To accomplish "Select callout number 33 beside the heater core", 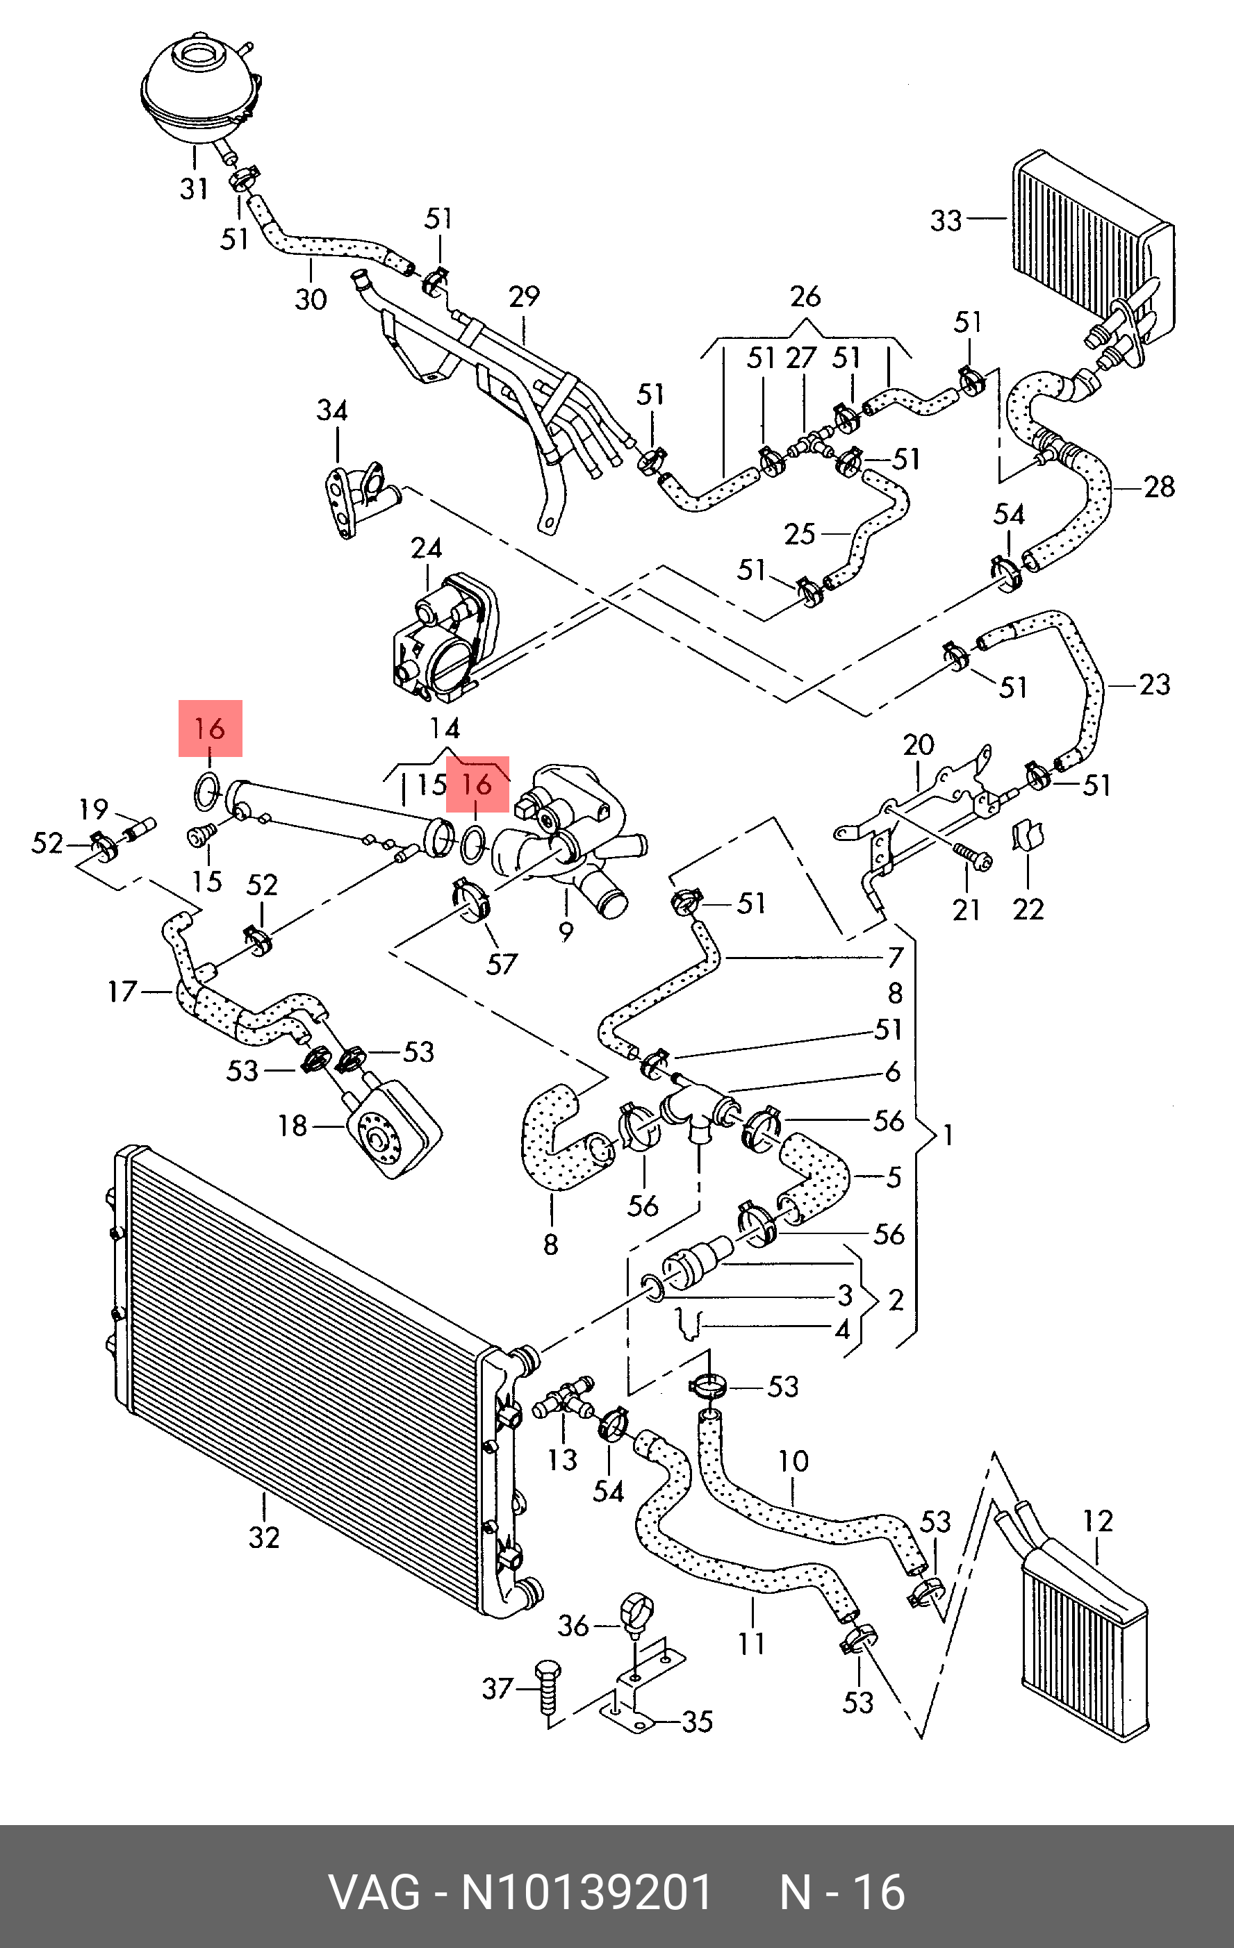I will tap(946, 220).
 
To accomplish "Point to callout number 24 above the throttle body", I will tap(427, 549).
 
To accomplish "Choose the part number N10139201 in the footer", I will tap(586, 1892).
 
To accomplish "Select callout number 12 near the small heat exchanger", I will tap(1098, 1521).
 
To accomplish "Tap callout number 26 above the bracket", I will tap(805, 297).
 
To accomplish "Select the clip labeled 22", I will tap(1028, 835).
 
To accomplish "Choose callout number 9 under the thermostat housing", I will tap(566, 932).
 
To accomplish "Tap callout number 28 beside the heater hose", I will tap(1159, 487).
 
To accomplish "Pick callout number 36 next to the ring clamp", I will tap(574, 1625).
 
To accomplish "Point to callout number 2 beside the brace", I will tap(896, 1300).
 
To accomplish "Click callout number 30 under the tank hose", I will tap(311, 299).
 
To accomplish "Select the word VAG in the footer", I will tap(375, 1892).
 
